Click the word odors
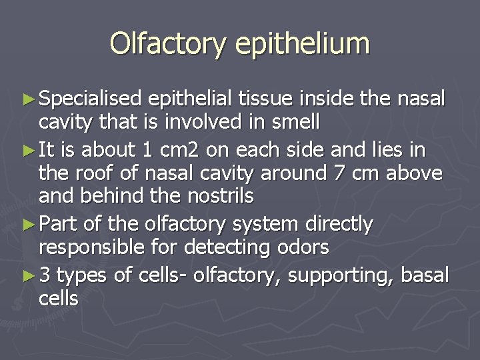(303, 247)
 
